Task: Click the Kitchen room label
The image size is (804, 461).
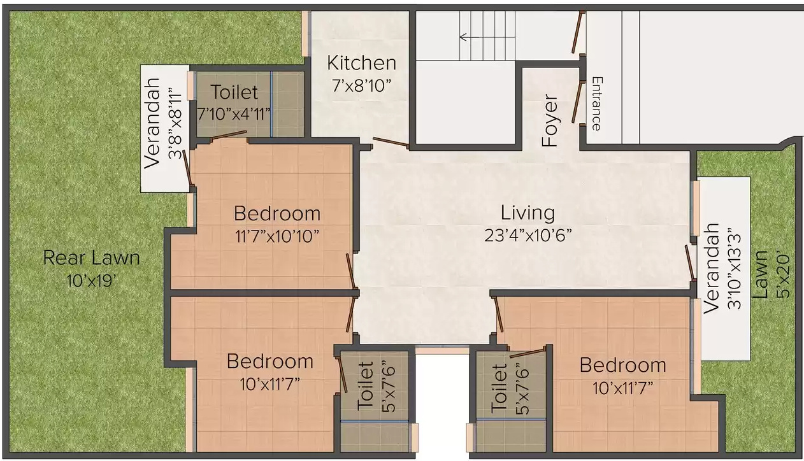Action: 361,63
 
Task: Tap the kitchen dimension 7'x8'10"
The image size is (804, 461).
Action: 361,85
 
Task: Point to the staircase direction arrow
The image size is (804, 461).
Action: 470,37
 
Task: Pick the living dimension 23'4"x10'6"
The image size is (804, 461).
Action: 528,235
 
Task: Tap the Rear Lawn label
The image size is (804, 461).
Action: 91,258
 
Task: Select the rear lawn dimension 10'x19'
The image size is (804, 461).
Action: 91,280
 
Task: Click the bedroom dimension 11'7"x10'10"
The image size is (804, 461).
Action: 276,236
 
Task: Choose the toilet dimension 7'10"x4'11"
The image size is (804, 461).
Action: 234,113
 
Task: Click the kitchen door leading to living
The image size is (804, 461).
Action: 391,143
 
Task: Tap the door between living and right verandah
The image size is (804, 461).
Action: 690,262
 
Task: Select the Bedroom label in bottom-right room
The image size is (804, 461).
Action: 622,365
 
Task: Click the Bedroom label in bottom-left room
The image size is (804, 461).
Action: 270,362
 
